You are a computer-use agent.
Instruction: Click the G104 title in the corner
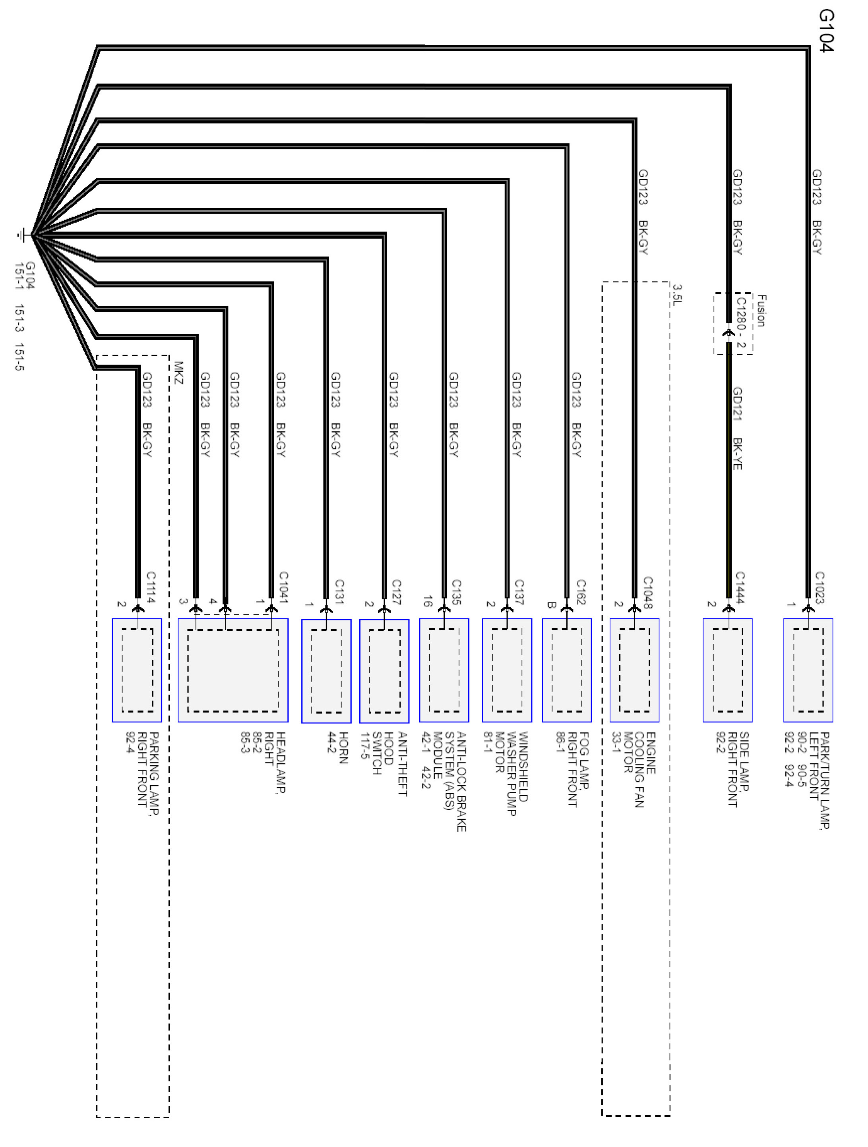click(826, 31)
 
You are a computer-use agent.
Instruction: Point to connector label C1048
click(647, 592)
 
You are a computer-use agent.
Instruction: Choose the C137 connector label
click(519, 592)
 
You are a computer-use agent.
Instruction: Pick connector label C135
click(456, 592)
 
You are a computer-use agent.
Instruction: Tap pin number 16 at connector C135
click(427, 602)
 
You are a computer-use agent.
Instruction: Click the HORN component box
click(326, 670)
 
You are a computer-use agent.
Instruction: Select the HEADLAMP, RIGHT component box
click(233, 670)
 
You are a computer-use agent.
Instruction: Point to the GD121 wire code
click(737, 404)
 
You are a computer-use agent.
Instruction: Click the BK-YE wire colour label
click(737, 454)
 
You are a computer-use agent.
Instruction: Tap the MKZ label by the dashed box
click(178, 372)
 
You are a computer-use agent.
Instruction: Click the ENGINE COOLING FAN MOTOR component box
click(634, 670)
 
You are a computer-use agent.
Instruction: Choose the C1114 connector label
click(151, 587)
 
